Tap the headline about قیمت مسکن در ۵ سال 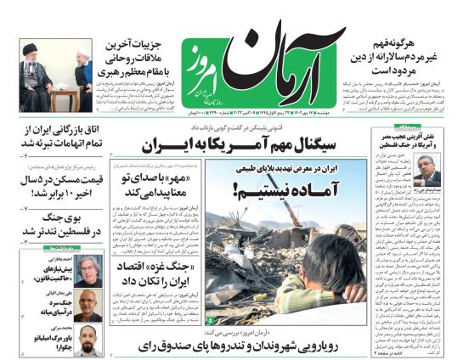tap(53, 185)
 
